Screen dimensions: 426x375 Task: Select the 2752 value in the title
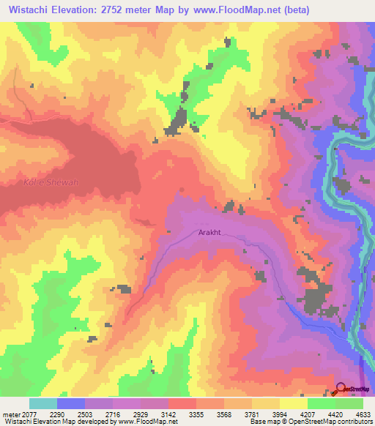click(119, 10)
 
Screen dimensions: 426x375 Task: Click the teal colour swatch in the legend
click(43, 403)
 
